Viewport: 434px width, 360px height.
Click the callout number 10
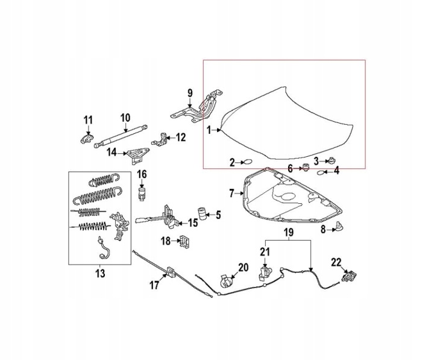pyautogui.click(x=125, y=118)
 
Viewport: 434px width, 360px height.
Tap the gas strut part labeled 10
pyautogui.click(x=121, y=136)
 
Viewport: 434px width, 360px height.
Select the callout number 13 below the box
pyautogui.click(x=100, y=273)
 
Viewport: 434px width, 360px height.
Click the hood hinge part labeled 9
pyautogui.click(x=197, y=106)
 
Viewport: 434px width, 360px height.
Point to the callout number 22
pyautogui.click(x=336, y=262)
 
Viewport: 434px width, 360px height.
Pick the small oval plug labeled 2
pyautogui.click(x=248, y=162)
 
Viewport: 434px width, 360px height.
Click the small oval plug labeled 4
pyautogui.click(x=320, y=173)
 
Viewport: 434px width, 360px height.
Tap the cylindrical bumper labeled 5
pyautogui.click(x=203, y=213)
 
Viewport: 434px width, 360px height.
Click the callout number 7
pyautogui.click(x=231, y=194)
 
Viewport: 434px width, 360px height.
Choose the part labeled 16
pyautogui.click(x=142, y=193)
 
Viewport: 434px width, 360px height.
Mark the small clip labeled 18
pyautogui.click(x=185, y=241)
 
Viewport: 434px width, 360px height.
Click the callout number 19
pyautogui.click(x=289, y=232)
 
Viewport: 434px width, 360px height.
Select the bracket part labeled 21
pyautogui.click(x=265, y=273)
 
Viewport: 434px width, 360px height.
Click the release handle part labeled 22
pyautogui.click(x=349, y=276)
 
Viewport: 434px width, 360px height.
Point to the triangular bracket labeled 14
pyautogui.click(x=137, y=156)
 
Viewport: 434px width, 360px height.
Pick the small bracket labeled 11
pyautogui.click(x=87, y=138)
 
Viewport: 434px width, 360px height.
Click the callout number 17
pyautogui.click(x=154, y=285)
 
